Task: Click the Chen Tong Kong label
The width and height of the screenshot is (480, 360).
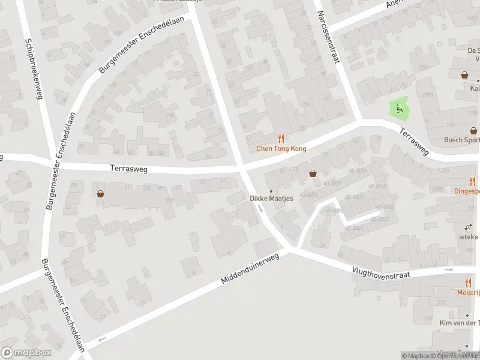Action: [x=281, y=149]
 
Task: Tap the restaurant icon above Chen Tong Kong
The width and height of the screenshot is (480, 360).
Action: [x=280, y=139]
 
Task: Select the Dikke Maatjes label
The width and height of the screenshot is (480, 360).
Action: [x=271, y=199]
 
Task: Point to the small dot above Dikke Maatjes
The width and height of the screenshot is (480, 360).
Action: [x=271, y=191]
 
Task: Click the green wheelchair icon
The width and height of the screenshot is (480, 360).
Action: [x=397, y=109]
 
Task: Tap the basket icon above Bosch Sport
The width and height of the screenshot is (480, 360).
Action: [x=473, y=130]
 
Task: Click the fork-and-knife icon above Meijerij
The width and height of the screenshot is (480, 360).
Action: [x=468, y=283]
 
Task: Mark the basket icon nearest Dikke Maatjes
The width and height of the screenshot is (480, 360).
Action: [x=313, y=173]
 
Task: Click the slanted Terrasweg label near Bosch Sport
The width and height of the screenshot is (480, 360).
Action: [x=414, y=142]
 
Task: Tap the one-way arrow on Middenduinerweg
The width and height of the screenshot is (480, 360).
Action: [x=101, y=340]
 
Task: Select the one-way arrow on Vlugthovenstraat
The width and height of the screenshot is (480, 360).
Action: [x=449, y=270]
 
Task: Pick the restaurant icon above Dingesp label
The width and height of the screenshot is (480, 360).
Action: [x=472, y=181]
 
